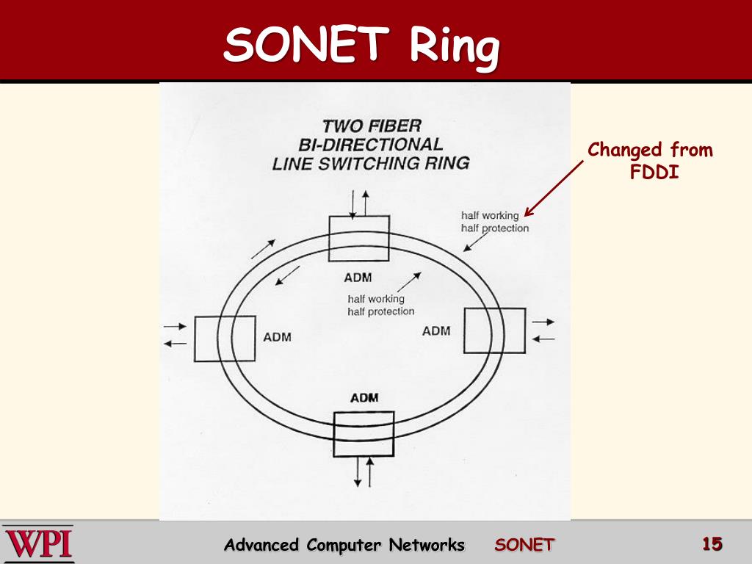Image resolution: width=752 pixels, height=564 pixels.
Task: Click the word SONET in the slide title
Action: [308, 46]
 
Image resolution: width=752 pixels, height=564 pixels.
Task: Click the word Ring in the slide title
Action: [454, 47]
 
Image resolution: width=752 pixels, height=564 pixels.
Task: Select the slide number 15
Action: [712, 544]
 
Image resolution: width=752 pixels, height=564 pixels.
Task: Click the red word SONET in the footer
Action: [524, 545]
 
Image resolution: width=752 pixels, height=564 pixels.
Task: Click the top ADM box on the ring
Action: [358, 239]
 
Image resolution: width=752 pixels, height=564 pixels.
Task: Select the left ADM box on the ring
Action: [225, 338]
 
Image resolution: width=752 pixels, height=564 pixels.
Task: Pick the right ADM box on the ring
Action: [495, 330]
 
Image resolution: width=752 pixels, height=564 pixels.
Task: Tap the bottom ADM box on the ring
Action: [364, 433]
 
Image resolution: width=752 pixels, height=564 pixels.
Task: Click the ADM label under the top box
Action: [358, 278]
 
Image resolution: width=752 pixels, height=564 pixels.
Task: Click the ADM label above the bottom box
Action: [364, 398]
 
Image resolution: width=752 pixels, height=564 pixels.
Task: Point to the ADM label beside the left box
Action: [277, 337]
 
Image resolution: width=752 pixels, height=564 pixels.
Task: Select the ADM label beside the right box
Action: [436, 331]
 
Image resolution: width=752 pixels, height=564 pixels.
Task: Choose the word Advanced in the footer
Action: [262, 545]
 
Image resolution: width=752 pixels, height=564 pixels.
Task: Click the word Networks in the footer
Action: [427, 545]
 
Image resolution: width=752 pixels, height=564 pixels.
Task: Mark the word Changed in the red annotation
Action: [625, 151]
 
